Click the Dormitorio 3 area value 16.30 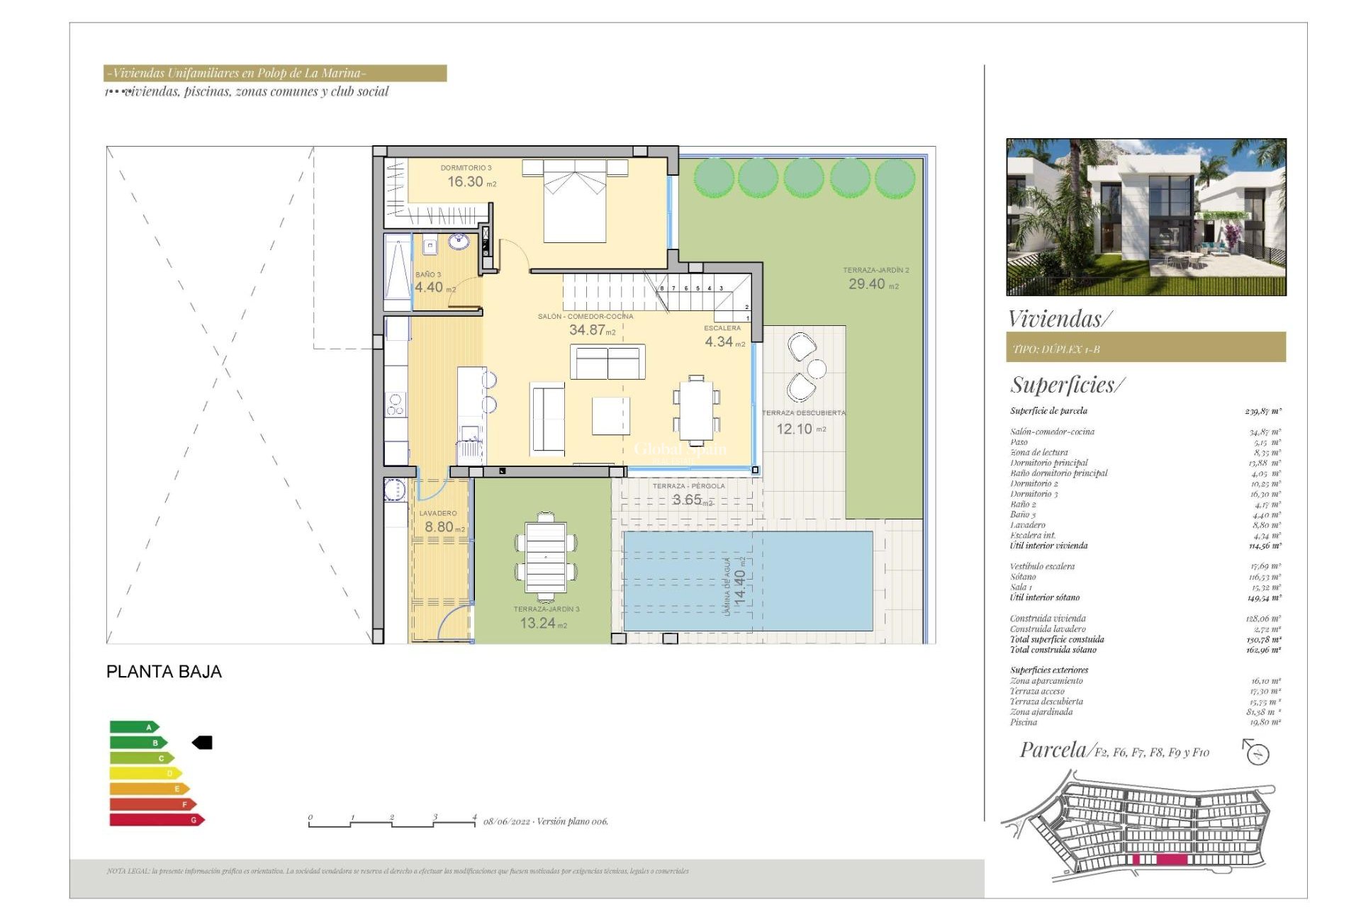click(x=465, y=182)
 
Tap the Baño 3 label click(x=427, y=274)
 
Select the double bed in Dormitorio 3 click(x=574, y=202)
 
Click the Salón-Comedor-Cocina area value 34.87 click(x=587, y=330)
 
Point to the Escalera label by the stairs click(x=722, y=328)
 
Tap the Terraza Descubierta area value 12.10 click(x=794, y=429)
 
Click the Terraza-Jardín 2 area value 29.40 click(x=866, y=284)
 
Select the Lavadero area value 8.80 click(x=439, y=527)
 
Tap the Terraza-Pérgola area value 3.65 click(x=687, y=500)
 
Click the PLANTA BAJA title click(x=164, y=672)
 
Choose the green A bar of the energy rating click(x=133, y=727)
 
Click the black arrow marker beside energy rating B click(x=203, y=743)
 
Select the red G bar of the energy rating click(x=156, y=820)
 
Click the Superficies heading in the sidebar click(x=1066, y=385)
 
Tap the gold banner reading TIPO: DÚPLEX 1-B click(x=1146, y=348)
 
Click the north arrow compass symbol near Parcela click(x=1256, y=752)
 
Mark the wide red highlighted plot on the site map click(x=1172, y=860)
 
